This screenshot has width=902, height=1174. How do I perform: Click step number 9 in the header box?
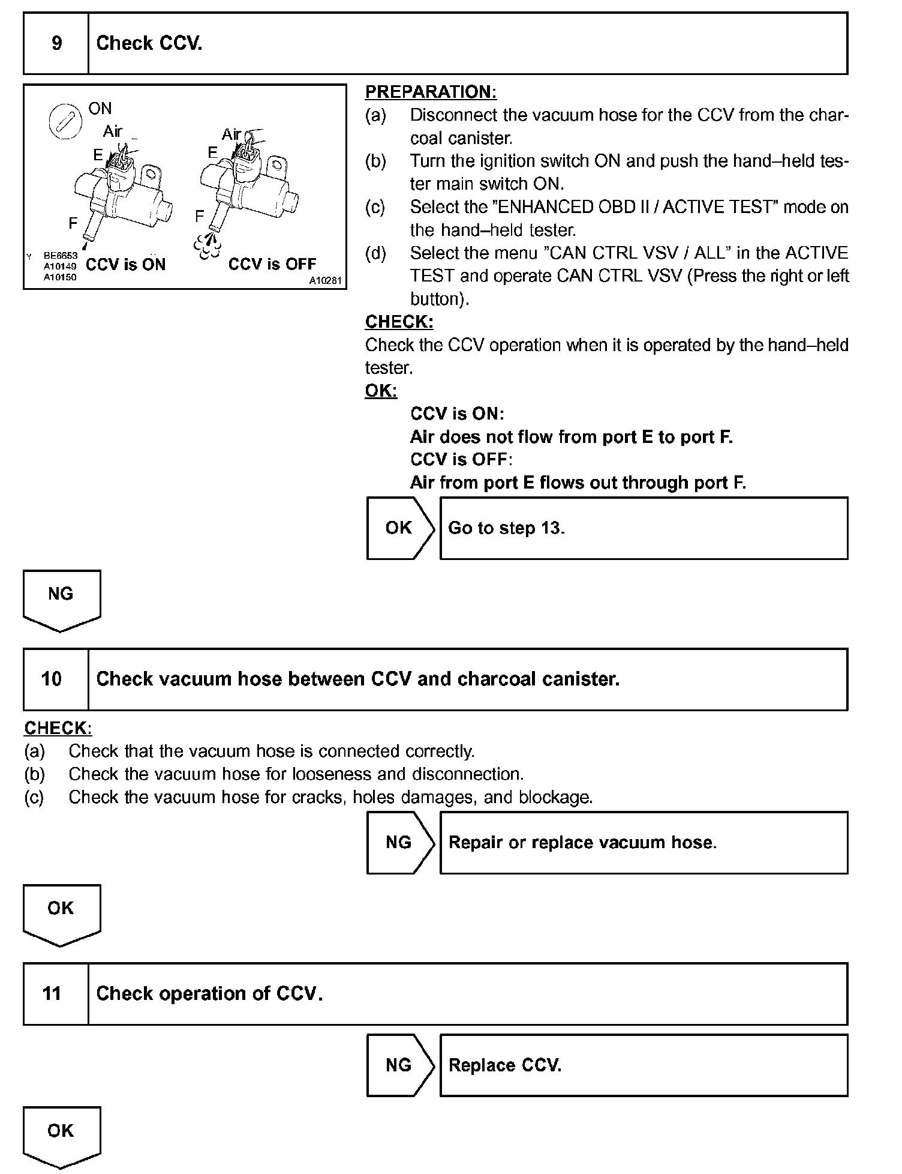(56, 43)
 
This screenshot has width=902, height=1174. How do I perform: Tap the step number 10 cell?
(52, 679)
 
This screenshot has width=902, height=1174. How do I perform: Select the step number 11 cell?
(52, 993)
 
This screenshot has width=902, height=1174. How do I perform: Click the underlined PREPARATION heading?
(431, 92)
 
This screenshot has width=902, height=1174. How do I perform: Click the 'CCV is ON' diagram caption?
(125, 265)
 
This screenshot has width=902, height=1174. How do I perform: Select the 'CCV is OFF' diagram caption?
(272, 264)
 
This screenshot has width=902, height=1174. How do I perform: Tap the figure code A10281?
(325, 280)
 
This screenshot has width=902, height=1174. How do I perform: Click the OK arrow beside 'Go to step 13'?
(399, 528)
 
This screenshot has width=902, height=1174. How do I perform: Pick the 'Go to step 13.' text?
(506, 528)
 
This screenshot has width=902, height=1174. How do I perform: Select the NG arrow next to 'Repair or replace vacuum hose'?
(399, 842)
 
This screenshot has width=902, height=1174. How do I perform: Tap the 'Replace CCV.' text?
(505, 1065)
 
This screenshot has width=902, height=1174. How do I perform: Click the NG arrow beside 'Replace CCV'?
(399, 1065)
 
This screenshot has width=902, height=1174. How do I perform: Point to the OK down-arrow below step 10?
(61, 913)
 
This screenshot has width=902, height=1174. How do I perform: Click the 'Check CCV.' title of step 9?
(149, 43)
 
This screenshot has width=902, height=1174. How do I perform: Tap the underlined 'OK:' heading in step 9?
(381, 391)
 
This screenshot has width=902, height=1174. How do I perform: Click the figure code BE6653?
(60, 256)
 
